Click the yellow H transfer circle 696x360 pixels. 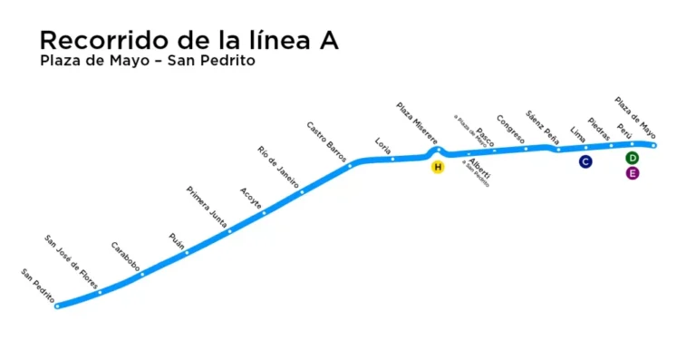pyautogui.click(x=438, y=167)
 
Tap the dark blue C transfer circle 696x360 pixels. pyautogui.click(x=585, y=161)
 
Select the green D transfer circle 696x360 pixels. pyautogui.click(x=633, y=159)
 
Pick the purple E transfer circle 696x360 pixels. pyautogui.click(x=633, y=173)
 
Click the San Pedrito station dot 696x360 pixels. pyautogui.click(x=57, y=306)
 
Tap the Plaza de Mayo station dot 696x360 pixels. pyautogui.click(x=653, y=145)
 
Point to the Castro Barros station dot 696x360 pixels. pyautogui.click(x=350, y=166)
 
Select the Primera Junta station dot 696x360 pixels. pyautogui.click(x=228, y=231)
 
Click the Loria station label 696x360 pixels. pyautogui.click(x=383, y=145)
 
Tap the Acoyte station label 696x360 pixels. pyautogui.click(x=250, y=197)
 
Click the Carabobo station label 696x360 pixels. pyautogui.click(x=125, y=257)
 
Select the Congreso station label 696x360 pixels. pyautogui.click(x=510, y=130)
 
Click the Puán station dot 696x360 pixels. pyautogui.click(x=187, y=252)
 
